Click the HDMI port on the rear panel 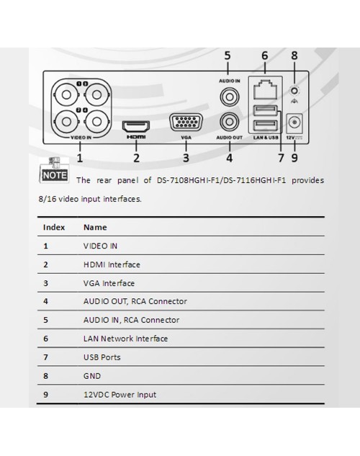click(136, 126)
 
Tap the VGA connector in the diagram click(186, 122)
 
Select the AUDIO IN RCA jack click(230, 97)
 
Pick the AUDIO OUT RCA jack click(230, 122)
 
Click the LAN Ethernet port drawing click(265, 89)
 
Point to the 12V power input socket click(294, 122)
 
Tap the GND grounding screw click(294, 91)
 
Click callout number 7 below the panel click(281, 158)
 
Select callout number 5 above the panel click(228, 55)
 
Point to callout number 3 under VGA click(186, 158)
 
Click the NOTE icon click(54, 170)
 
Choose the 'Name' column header click(95, 227)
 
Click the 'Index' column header click(54, 227)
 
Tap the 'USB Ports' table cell click(102, 357)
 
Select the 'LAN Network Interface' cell click(125, 339)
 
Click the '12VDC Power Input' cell click(120, 395)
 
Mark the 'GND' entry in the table click(92, 376)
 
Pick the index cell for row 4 click(45, 301)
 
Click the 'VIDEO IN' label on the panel click(81, 138)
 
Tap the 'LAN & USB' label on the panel click(266, 138)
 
